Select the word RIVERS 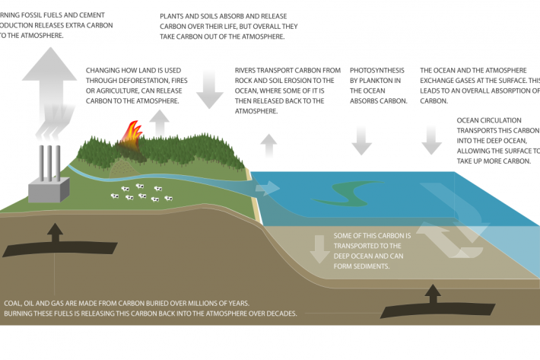coord(249,70)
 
